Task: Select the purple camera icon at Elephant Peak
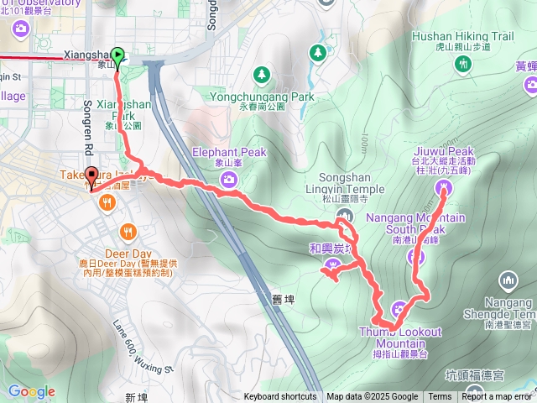[228, 178]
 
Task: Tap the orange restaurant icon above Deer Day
[127, 230]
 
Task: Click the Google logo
[31, 391]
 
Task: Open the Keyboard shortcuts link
[280, 397]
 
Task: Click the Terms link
[440, 397]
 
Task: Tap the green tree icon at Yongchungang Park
[263, 76]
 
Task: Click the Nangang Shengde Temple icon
[508, 280]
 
